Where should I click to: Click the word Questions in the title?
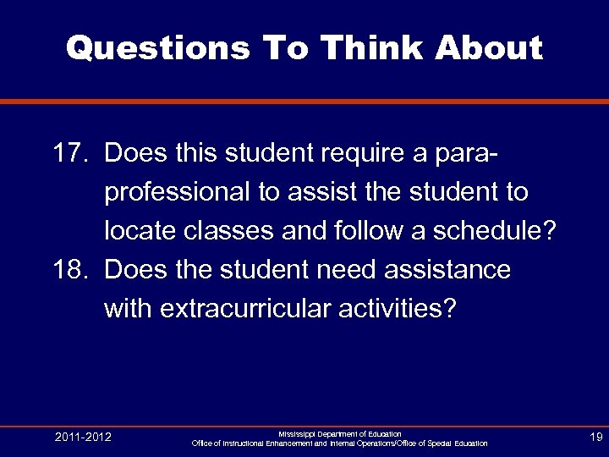pyautogui.click(x=157, y=48)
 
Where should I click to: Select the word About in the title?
pyautogui.click(x=489, y=48)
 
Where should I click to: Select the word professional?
pyautogui.click(x=177, y=193)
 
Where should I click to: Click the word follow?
pyautogui.click(x=381, y=231)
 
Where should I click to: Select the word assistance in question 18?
pyautogui.click(x=448, y=270)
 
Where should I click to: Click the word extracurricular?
pyautogui.click(x=245, y=309)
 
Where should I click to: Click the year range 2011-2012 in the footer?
pyautogui.click(x=83, y=437)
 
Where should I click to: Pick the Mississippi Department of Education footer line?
pyautogui.click(x=339, y=433)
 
